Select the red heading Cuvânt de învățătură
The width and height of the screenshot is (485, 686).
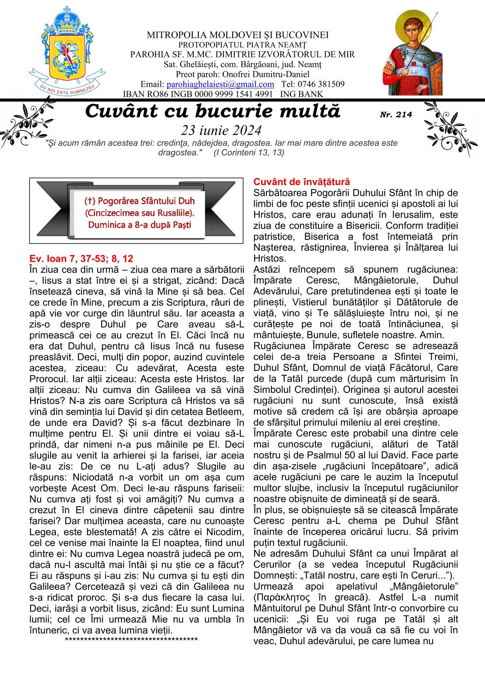301,182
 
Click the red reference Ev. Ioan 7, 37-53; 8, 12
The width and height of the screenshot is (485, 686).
82,258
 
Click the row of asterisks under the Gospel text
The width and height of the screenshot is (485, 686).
131,639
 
